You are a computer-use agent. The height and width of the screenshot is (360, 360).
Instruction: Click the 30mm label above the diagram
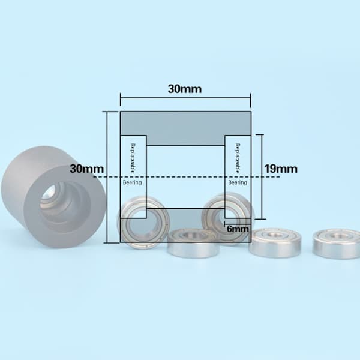pos(185,89)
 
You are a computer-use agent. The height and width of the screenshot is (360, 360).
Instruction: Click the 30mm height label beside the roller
pos(86,169)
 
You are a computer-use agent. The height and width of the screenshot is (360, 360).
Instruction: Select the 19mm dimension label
pos(281,169)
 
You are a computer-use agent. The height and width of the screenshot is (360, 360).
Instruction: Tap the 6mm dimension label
pos(238,229)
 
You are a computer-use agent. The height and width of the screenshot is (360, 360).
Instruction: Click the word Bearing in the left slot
pos(132,182)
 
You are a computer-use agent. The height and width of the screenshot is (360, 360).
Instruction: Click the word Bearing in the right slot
pos(238,182)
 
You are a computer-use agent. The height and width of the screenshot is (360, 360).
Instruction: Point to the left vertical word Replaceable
pos(133,158)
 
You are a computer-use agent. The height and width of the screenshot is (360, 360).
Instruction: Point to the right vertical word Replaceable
pos(238,158)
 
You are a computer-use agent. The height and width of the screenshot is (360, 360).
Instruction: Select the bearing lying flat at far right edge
pos(337,244)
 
